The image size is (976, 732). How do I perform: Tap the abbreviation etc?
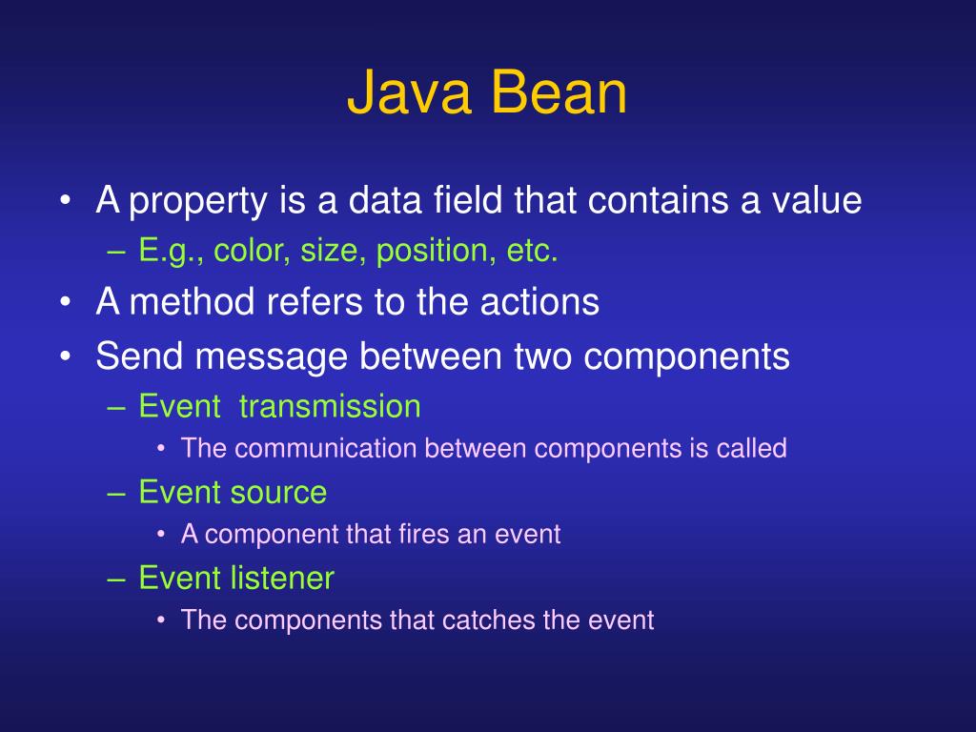click(532, 252)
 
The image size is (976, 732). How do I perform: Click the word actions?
click(539, 302)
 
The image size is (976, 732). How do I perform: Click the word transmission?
click(330, 406)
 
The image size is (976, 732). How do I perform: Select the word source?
click(277, 492)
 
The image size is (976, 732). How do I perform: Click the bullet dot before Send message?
click(65, 357)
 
